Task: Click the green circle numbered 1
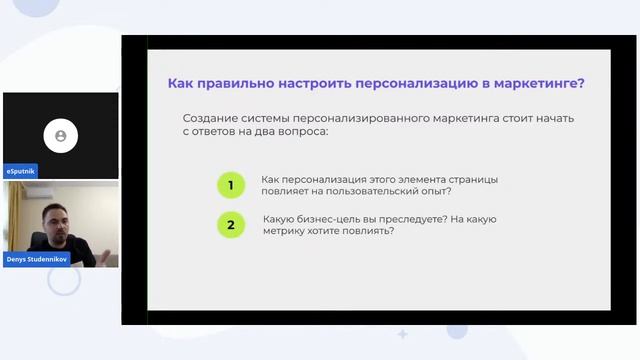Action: [231, 185]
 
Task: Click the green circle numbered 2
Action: [231, 225]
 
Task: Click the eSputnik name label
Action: [21, 171]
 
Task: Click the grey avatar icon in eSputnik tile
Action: [61, 135]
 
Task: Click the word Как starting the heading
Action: [180, 83]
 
